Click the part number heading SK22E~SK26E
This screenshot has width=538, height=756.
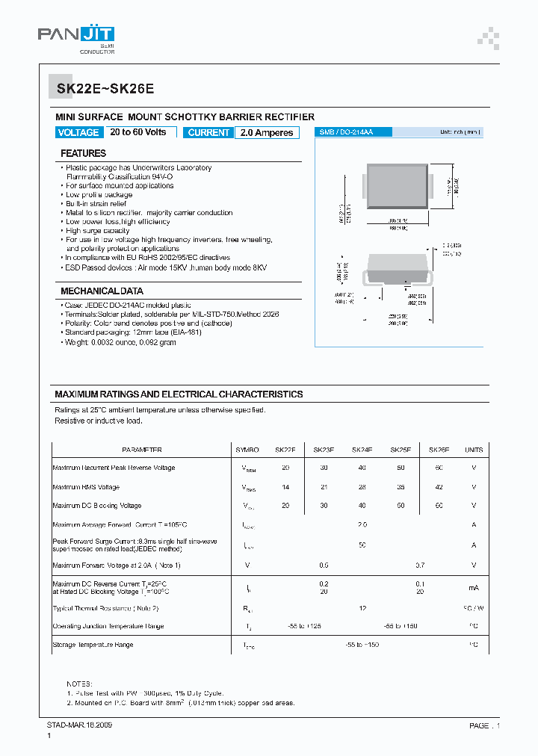pos(105,88)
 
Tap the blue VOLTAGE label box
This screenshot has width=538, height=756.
pos(78,132)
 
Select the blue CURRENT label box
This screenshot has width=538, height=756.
pos(208,132)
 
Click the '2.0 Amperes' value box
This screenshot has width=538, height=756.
pos(266,132)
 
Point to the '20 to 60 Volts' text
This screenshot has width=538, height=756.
pos(138,132)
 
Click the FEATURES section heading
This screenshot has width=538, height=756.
pos(83,153)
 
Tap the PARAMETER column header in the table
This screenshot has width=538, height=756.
pos(142,450)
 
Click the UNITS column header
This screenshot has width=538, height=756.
pos(474,450)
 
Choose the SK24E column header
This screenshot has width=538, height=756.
pos(362,450)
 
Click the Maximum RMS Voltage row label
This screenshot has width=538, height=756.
pos(86,487)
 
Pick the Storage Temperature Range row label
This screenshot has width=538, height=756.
pos(93,644)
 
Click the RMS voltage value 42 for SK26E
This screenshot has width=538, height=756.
pos(439,487)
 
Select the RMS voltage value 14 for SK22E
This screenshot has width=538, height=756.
pos(285,487)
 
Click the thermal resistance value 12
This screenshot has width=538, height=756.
pos(362,608)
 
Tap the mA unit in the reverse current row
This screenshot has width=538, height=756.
pos(474,588)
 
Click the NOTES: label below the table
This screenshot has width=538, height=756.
pos(80,684)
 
